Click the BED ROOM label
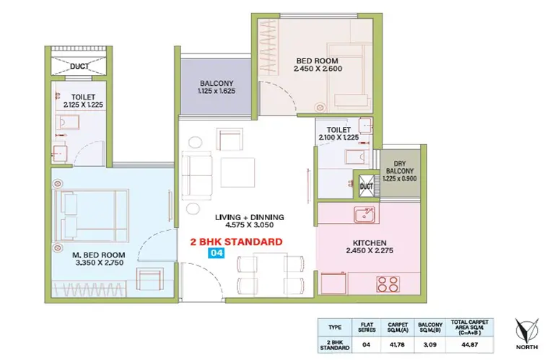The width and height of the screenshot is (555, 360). point(317,61)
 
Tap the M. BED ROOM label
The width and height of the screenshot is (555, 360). point(99,255)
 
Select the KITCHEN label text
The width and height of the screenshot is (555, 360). point(370,243)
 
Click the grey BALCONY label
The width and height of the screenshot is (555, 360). point(217,83)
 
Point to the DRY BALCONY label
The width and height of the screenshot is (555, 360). point(400,167)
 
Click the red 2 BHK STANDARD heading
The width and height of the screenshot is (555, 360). point(237,242)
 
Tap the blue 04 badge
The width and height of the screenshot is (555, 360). point(217,253)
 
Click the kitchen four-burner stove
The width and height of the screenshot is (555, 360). point(388,284)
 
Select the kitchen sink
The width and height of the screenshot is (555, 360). point(364,214)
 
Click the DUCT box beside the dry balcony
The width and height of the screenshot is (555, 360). point(366,186)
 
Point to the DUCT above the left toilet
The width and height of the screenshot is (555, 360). point(79,66)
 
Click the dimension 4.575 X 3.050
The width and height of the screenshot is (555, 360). point(250,225)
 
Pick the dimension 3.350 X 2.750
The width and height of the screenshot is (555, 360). point(100,263)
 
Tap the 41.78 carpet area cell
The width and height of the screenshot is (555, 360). point(398,344)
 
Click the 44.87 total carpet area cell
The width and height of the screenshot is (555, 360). point(469,344)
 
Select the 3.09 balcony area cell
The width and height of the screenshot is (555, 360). point(430,344)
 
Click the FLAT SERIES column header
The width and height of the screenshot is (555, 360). point(367,327)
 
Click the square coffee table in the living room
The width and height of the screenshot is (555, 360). point(237,172)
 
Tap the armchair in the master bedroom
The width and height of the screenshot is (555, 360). point(150,278)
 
